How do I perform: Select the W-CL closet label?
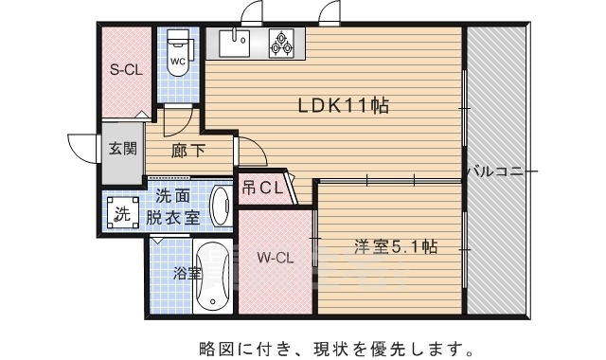pyautogui.click(x=274, y=256)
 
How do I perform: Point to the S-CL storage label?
pyautogui.click(x=125, y=68)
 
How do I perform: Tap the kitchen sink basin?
pyautogui.click(x=235, y=42)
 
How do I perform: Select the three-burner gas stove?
pyautogui.click(x=282, y=42)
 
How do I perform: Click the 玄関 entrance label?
pyautogui.click(x=122, y=148)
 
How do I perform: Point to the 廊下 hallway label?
pyautogui.click(x=186, y=149)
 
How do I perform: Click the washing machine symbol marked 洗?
pyautogui.click(x=121, y=212)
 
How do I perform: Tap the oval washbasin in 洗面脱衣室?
pyautogui.click(x=221, y=206)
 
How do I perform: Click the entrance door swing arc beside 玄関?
pyautogui.click(x=82, y=149)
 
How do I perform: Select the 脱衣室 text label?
pyautogui.click(x=172, y=217)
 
